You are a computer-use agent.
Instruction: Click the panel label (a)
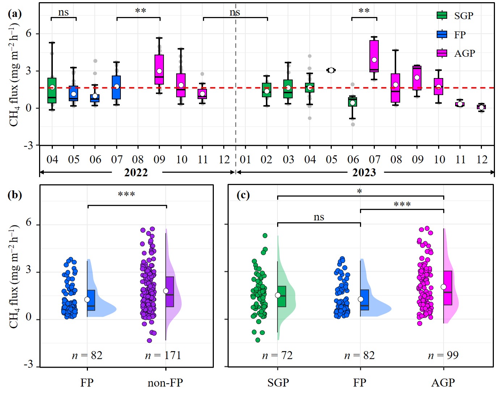[14, 14]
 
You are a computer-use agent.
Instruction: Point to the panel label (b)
[14, 195]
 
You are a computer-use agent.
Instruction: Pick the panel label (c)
[243, 195]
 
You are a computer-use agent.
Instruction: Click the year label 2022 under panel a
[136, 172]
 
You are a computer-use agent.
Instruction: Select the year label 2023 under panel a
[364, 172]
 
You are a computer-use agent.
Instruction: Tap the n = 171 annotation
[163, 355]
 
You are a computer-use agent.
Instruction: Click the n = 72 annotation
[277, 355]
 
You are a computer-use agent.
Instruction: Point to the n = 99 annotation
[443, 355]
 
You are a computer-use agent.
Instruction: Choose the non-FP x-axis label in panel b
[165, 383]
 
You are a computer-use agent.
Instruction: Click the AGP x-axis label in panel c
[443, 383]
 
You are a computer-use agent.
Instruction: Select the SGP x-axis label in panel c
[278, 383]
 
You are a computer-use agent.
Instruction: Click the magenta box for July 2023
[374, 56]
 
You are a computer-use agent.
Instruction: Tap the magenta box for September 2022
[159, 69]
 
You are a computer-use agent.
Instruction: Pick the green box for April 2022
[52, 90]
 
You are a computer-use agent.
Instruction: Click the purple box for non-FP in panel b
[170, 292]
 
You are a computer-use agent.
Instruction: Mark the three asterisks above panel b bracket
[126, 195]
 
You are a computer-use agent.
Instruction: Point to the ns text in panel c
[319, 217]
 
